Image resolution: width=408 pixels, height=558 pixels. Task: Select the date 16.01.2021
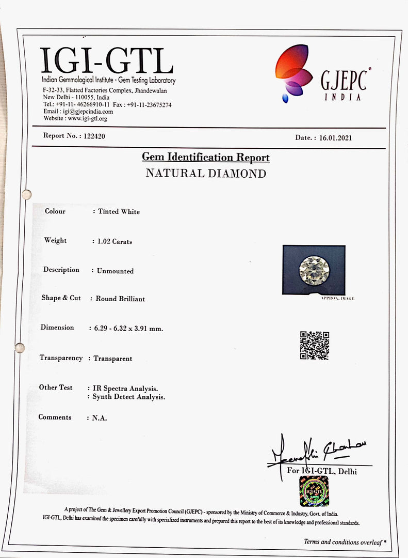[335, 138]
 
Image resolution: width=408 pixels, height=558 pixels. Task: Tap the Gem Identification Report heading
[206, 158]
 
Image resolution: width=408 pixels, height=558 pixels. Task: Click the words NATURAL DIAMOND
[206, 174]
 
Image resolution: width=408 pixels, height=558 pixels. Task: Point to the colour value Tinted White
[119, 211]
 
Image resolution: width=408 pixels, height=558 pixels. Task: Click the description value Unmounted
[115, 271]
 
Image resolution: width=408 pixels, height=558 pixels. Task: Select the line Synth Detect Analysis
[128, 397]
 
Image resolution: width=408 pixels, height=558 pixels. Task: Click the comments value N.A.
[100, 418]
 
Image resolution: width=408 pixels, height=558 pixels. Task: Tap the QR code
[314, 346]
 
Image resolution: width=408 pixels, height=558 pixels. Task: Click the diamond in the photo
[314, 270]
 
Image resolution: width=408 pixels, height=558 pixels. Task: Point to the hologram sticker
[314, 491]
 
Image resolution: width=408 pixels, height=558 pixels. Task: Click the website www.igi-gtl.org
[88, 119]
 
